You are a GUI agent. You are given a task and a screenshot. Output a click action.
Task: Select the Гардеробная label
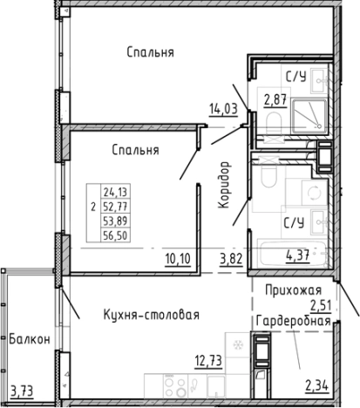pyautogui.click(x=293, y=320)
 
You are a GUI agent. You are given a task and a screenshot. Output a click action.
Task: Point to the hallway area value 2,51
pyautogui.click(x=323, y=304)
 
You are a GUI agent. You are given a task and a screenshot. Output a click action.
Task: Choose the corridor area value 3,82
pyautogui.click(x=231, y=257)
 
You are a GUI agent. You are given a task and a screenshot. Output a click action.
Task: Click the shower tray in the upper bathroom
pyautogui.click(x=309, y=112)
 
